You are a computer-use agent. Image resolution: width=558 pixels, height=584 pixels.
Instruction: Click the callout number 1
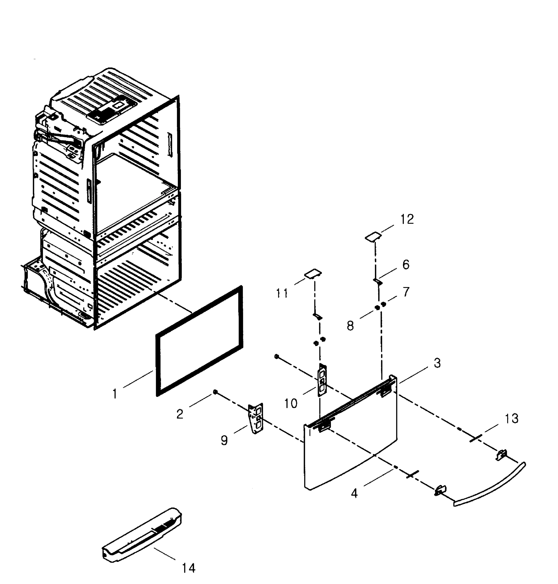pyautogui.click(x=115, y=394)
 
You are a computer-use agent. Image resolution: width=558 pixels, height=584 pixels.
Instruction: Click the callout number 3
pyautogui.click(x=437, y=363)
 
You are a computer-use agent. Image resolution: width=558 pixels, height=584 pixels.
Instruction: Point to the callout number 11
pyautogui.click(x=281, y=293)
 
